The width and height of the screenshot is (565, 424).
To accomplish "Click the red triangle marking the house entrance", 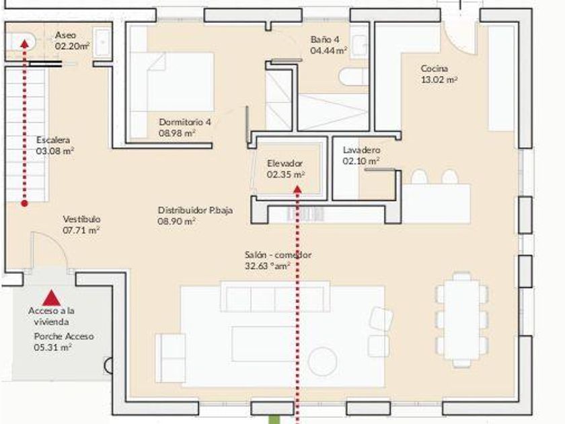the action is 52,297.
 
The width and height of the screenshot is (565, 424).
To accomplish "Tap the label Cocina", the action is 435,68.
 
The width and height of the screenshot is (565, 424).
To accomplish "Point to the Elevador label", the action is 285,164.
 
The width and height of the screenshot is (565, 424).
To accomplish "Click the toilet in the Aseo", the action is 21,42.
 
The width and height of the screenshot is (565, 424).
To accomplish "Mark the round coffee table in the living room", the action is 322,361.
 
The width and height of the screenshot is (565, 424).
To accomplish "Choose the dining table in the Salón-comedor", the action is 462,319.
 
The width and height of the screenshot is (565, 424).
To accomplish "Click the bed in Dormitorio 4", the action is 172,82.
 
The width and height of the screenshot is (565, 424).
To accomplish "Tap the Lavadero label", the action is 361,149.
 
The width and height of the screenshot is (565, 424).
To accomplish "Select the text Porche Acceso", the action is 64,337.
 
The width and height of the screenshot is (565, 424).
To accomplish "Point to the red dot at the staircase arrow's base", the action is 24,203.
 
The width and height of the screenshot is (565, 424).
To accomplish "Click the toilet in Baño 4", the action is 354,77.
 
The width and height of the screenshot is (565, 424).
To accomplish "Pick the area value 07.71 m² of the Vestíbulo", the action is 81,230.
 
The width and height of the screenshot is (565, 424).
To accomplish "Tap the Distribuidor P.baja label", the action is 195,210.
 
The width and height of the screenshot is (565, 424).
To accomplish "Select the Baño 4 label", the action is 325,39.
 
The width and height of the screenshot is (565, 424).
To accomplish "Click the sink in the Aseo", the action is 102,42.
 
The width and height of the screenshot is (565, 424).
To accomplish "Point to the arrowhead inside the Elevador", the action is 297,189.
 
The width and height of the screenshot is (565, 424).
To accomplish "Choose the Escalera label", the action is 53,139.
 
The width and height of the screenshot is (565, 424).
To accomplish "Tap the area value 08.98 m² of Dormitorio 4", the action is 177,133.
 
